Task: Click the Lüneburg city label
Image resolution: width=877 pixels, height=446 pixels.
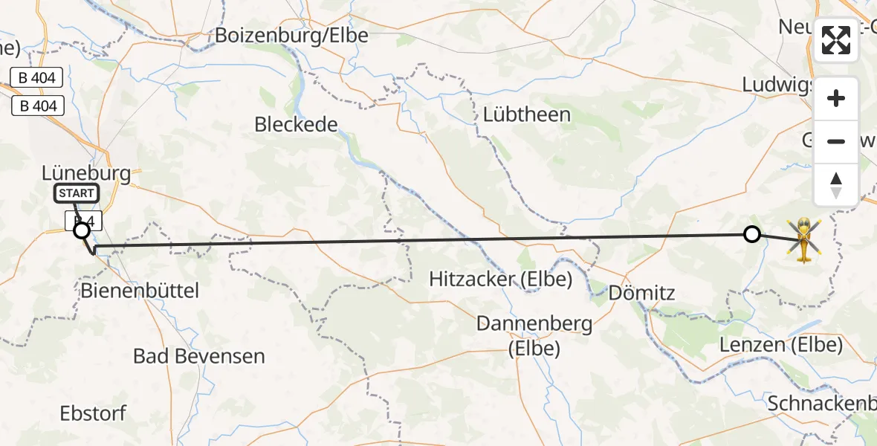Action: pos(86,174)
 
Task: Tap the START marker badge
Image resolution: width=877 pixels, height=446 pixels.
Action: pos(76,194)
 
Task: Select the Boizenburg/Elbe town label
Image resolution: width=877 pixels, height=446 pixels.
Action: pos(291,35)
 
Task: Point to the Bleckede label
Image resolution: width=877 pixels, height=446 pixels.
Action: pos(296,124)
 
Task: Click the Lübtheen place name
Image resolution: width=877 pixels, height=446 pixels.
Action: pos(526,114)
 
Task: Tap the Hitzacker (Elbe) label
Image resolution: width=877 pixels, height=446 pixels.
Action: pos(501,279)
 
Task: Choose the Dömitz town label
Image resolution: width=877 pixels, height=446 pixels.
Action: pos(641,293)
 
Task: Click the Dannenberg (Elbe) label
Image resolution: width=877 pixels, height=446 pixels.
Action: pos(534,335)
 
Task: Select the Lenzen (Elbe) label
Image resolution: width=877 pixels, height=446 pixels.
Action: pos(781,345)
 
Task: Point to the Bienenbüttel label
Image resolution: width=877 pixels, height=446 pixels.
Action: pos(140,291)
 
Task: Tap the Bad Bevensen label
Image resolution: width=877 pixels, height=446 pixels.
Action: pos(198,356)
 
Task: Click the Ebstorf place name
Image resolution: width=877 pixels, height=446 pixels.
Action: pos(94,413)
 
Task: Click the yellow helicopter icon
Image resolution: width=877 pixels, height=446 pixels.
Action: pos(804,239)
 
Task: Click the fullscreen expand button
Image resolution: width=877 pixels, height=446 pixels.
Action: pos(836,41)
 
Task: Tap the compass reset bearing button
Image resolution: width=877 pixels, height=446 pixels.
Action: pos(836,184)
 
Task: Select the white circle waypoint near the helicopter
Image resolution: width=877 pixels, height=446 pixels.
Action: pos(752,235)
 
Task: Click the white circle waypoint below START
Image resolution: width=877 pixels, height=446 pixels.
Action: pos(82,231)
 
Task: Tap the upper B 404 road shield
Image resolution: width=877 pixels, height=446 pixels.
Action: pos(38,77)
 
